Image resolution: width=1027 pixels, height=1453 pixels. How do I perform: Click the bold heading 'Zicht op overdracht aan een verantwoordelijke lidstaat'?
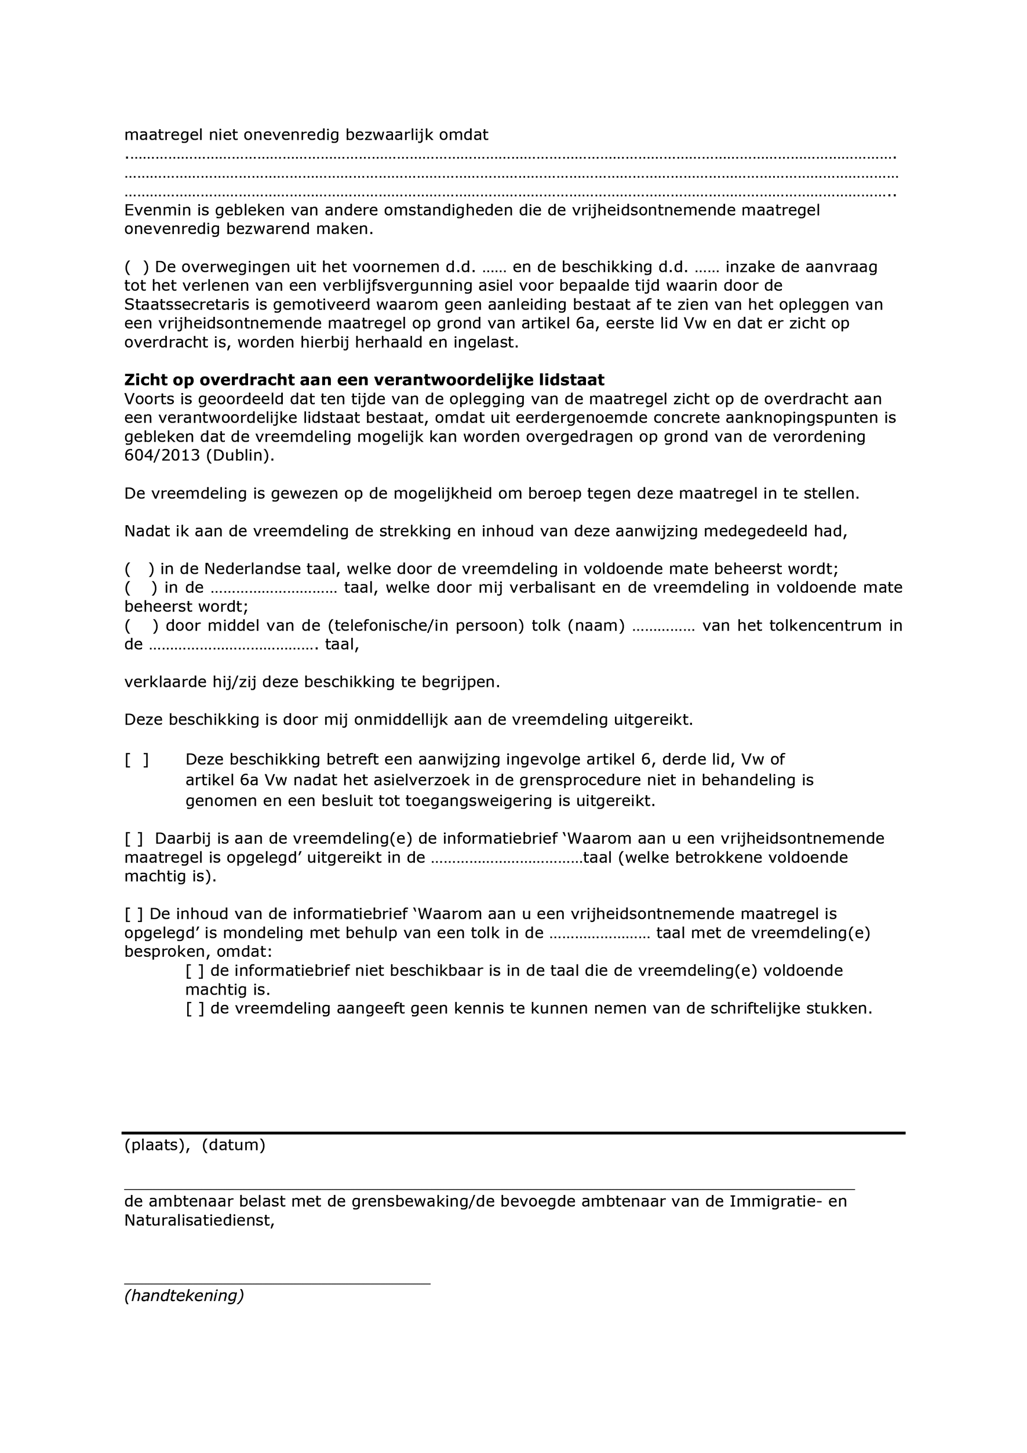point(364,380)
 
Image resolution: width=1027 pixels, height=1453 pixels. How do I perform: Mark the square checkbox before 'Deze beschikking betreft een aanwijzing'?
point(137,759)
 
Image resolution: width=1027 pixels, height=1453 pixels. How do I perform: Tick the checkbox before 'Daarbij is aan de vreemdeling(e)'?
point(134,839)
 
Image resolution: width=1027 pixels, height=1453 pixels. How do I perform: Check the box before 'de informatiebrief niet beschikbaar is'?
point(195,971)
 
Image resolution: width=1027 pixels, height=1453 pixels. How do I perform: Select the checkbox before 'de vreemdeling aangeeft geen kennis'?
point(195,1008)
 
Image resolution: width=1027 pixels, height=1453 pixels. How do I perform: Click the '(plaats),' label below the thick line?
point(157,1145)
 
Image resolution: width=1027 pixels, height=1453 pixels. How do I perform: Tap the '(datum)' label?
point(234,1145)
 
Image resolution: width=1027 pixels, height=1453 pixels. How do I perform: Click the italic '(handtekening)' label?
point(184,1296)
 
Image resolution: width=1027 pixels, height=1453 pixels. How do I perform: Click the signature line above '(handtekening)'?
point(276,1283)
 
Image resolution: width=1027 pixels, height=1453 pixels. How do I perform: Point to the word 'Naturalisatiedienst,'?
point(199,1221)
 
